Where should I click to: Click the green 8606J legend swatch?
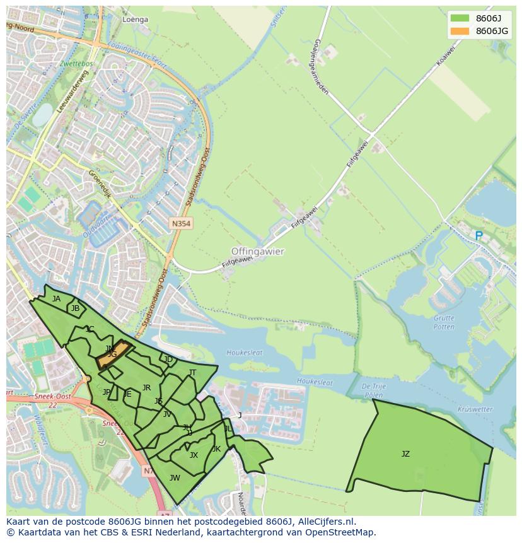coord(460,18)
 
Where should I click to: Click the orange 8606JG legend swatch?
coord(460,32)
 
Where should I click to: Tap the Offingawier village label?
coord(258,251)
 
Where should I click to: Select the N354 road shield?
coord(181,224)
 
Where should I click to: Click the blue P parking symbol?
coord(478,236)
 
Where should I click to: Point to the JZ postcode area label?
coord(405,454)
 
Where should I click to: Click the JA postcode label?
coord(57,299)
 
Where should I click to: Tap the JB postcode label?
coord(75,308)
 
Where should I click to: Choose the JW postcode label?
coord(175,478)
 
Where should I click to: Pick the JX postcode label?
coord(194,455)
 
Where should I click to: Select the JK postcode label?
coord(216,449)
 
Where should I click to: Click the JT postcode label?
coord(192,373)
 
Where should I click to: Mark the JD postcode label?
coord(168,359)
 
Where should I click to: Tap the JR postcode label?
coord(146,388)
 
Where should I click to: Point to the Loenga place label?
coord(136,20)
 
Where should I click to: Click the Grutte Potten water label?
coord(444,322)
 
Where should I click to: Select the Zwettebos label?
coord(77,64)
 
